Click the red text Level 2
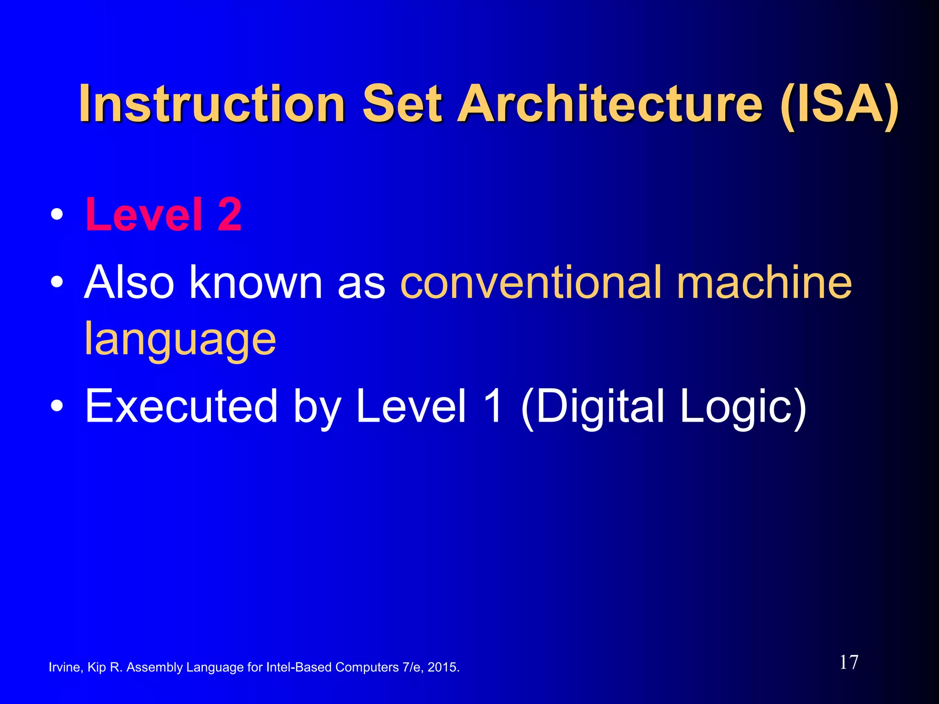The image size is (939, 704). (163, 214)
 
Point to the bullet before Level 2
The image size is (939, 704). (57, 214)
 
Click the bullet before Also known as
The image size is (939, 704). (57, 282)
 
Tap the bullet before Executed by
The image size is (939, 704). (57, 406)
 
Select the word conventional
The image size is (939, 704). (531, 282)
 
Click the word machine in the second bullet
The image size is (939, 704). (764, 282)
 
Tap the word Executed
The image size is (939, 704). (181, 406)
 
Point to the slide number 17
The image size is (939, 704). (849, 662)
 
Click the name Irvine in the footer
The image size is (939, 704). (65, 667)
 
